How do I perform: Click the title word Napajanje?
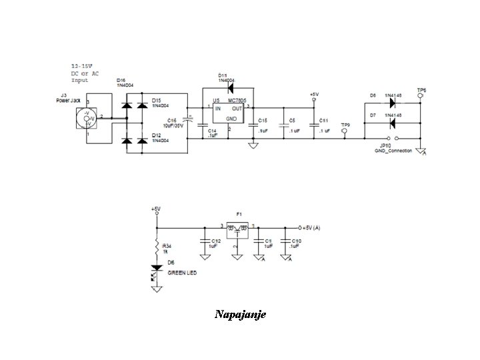241,313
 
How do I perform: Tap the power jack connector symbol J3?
86,118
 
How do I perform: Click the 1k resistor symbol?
157,249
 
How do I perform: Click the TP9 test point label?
345,125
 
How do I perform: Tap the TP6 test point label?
421,89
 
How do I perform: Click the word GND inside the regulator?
231,119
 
